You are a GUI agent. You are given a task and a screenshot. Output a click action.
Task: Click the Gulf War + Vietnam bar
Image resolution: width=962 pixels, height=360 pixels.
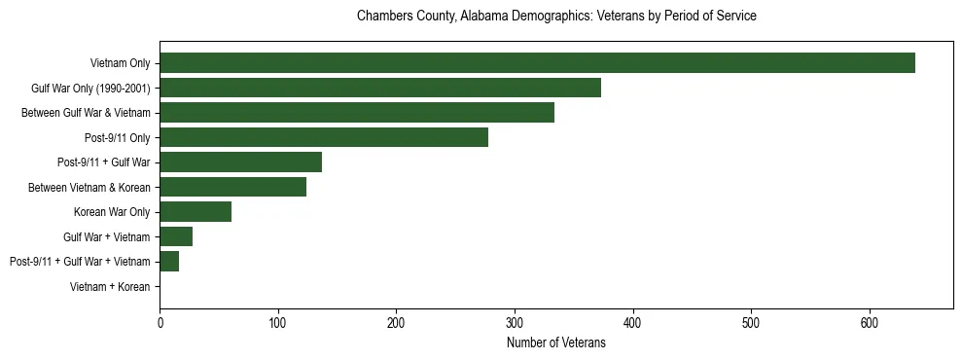click(x=176, y=236)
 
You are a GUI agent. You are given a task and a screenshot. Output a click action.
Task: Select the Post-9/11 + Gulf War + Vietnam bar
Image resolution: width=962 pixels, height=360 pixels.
click(x=169, y=262)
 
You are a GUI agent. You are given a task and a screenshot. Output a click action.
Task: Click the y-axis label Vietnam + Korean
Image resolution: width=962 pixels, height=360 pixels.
click(x=110, y=287)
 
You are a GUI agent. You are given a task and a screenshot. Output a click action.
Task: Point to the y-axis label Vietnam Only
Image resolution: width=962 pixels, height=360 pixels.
click(x=120, y=63)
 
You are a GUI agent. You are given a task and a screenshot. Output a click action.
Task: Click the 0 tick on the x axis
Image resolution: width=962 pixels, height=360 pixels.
click(x=160, y=324)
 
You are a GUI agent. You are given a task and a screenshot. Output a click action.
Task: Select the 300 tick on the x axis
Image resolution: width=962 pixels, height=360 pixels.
click(x=515, y=324)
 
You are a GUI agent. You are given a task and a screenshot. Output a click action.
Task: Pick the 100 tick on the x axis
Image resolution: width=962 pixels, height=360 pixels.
click(x=278, y=324)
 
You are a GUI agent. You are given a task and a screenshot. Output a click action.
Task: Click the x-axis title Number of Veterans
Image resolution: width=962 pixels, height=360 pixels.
click(x=555, y=343)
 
